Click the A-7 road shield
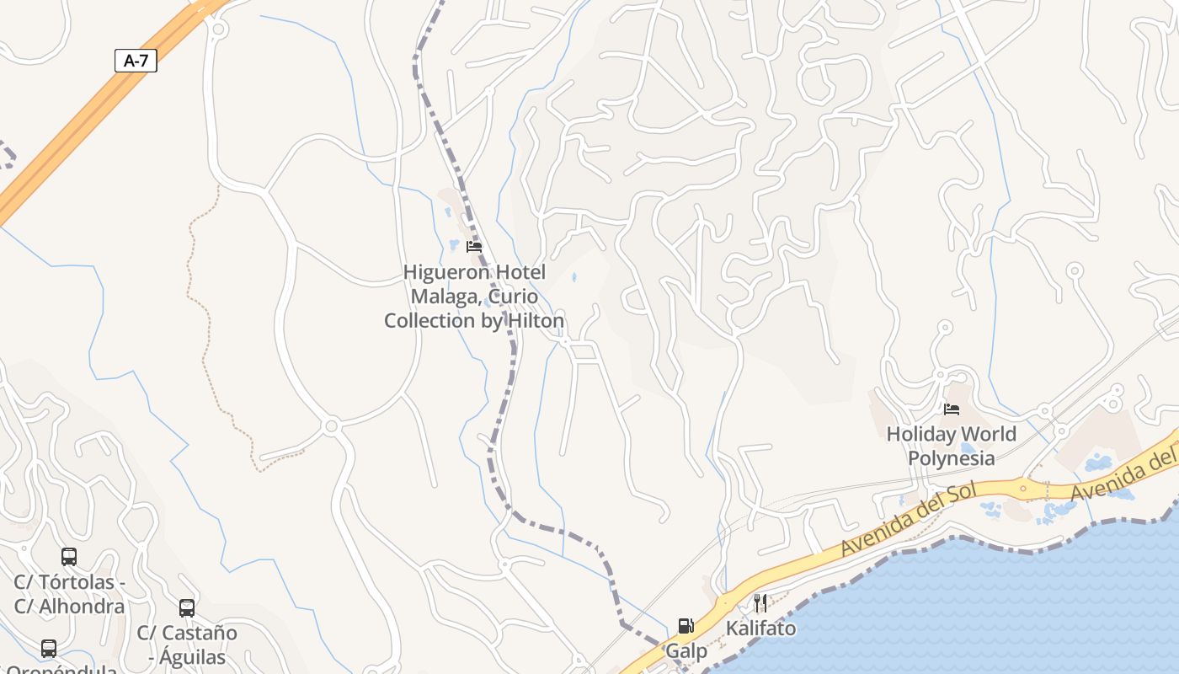pyautogui.click(x=136, y=60)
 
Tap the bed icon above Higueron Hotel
pyautogui.click(x=474, y=247)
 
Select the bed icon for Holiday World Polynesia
pyautogui.click(x=952, y=409)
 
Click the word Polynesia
pyautogui.click(x=951, y=458)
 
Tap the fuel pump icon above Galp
pyautogui.click(x=686, y=626)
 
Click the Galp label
pyautogui.click(x=686, y=651)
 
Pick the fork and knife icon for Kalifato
pyautogui.click(x=760, y=602)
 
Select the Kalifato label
pyautogui.click(x=760, y=629)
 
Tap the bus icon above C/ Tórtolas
pyautogui.click(x=69, y=557)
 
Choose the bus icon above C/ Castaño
pyautogui.click(x=187, y=608)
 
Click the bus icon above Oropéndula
pyautogui.click(x=49, y=649)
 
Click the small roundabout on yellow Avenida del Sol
pyautogui.click(x=1023, y=487)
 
